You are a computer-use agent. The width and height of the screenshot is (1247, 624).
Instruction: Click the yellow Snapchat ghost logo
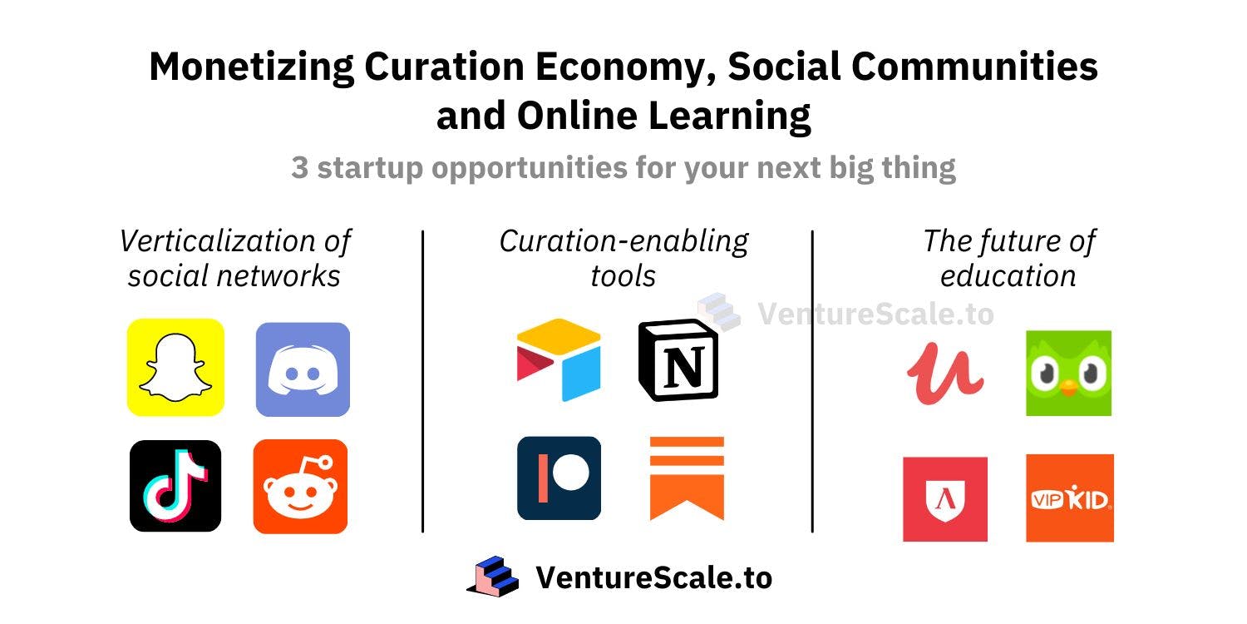(x=175, y=367)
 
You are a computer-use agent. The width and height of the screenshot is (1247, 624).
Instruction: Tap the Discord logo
(x=303, y=369)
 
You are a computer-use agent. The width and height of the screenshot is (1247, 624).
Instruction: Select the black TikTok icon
(x=175, y=486)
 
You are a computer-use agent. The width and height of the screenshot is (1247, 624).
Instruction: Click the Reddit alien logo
(x=300, y=487)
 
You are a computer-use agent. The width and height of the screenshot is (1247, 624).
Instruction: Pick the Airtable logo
(x=559, y=359)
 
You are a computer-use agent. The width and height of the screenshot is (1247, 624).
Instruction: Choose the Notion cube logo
(x=678, y=360)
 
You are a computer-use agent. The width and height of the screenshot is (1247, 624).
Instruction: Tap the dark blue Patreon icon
(x=559, y=478)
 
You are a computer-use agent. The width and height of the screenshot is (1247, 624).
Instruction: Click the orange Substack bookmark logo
(x=687, y=478)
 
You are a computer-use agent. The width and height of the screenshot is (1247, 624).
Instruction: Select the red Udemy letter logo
(x=945, y=373)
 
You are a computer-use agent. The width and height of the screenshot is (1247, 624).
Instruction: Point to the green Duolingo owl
(x=1068, y=374)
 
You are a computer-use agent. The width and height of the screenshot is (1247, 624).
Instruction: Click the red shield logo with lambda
(x=945, y=499)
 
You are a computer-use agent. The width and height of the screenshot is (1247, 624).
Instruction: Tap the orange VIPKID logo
(x=1069, y=498)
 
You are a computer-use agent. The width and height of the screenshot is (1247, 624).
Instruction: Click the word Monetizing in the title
(x=250, y=67)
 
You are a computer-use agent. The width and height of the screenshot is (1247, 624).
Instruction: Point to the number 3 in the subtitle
(x=299, y=168)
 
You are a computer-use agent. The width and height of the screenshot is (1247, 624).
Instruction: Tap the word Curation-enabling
(x=623, y=241)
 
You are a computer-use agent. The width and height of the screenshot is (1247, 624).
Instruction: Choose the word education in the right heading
(x=1008, y=275)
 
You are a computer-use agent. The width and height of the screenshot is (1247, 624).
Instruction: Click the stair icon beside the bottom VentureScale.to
(x=493, y=577)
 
